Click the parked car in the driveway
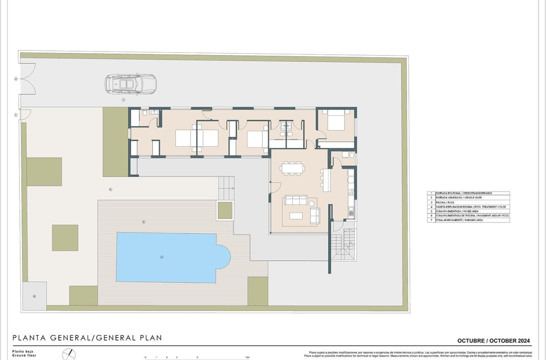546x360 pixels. (130, 84)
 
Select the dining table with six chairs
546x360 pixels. (292, 169)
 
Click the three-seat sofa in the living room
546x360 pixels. (296, 200)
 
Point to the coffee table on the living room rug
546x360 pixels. (296, 216)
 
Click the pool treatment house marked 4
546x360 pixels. (34, 296)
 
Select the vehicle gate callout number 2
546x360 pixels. (16, 79)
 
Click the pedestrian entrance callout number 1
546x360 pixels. (16, 115)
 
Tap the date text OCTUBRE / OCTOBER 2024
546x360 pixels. (494, 341)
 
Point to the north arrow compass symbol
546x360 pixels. (69, 354)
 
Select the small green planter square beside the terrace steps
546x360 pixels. (225, 210)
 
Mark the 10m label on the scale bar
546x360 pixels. (247, 357)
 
